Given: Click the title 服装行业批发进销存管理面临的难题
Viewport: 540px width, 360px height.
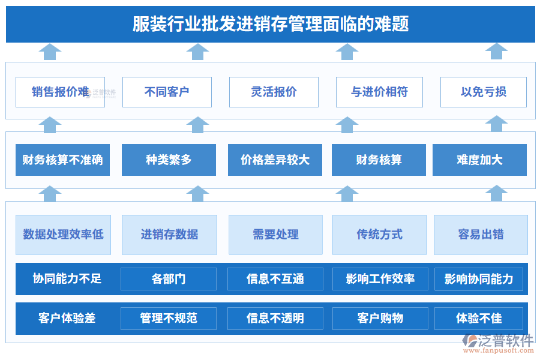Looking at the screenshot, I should coord(270,24).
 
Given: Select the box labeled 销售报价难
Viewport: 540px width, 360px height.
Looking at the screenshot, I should coord(60,92).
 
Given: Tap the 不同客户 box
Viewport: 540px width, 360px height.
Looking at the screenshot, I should coord(167,92).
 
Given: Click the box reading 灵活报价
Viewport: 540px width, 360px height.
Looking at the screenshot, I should coord(274,92).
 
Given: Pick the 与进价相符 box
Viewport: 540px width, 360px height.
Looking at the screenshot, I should coord(379,92).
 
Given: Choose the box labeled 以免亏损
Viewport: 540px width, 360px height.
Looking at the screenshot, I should coord(483,92).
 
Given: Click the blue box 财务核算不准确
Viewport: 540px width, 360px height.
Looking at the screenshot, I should coord(62,160).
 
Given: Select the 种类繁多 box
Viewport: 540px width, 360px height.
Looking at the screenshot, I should coord(169,160).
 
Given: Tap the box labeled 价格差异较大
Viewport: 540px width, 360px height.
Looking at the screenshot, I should coord(275,160).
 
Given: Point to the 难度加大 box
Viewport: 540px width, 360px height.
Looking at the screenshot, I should coord(479,160).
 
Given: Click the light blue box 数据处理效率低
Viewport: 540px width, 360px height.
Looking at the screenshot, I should coord(63,234).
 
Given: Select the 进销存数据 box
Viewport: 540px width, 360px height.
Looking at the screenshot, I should coord(169,234).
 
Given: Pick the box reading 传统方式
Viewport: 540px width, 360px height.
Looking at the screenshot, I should coord(379,234).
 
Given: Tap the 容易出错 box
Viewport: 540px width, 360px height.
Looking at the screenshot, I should coord(481,234).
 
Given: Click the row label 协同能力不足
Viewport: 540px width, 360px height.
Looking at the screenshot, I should coord(67,278).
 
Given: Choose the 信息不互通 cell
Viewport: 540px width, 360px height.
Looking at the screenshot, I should coord(275,279).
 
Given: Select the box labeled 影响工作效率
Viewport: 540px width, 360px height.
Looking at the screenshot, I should coord(380,279).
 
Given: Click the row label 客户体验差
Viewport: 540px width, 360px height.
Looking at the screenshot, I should coord(67,318).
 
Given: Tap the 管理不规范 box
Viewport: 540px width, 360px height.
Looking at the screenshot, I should coord(168,318).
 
